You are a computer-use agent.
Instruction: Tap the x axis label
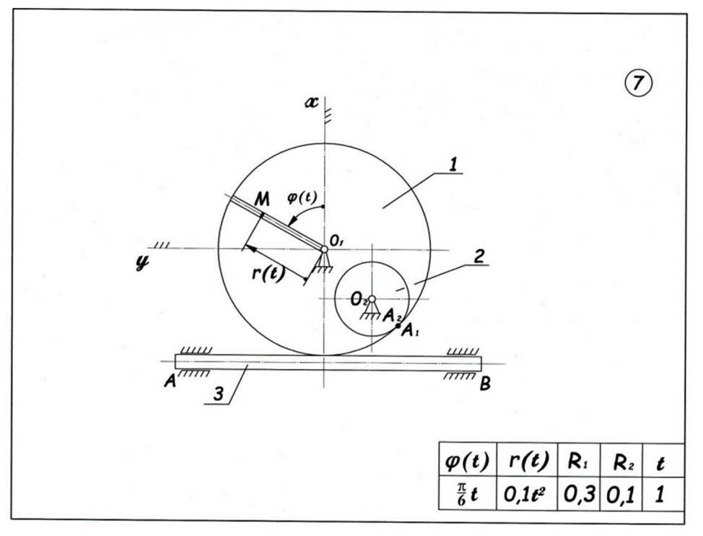point(311,103)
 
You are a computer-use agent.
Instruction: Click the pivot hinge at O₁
point(325,249)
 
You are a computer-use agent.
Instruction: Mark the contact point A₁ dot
point(400,327)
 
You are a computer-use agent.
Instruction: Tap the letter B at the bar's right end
point(486,384)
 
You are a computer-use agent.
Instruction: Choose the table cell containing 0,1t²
point(526,495)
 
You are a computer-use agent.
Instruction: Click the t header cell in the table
point(662,460)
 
